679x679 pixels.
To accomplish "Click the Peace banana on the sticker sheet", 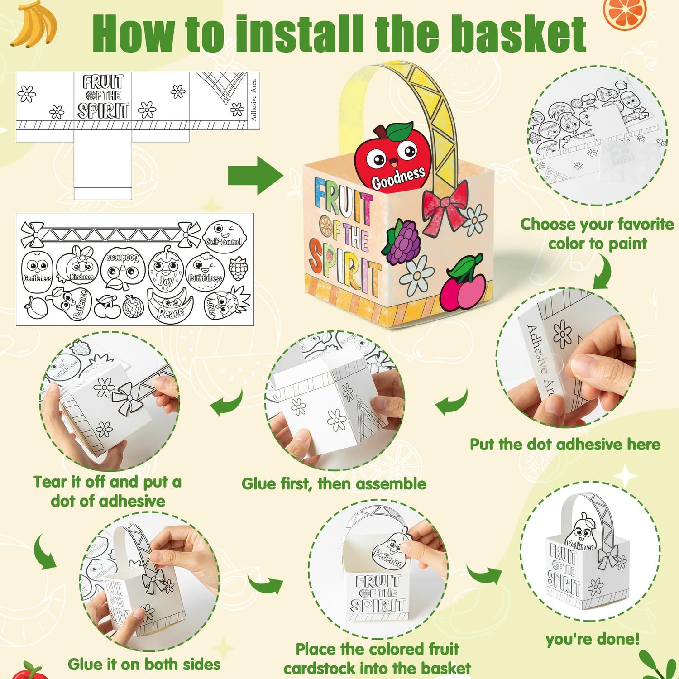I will point(171,306).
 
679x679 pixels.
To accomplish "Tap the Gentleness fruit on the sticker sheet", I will point(37,269).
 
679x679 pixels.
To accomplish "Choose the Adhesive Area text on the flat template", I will point(253,100).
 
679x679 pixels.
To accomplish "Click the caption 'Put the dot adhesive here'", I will point(564,445).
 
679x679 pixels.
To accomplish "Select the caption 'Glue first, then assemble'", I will point(334,484).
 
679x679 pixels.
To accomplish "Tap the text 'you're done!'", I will point(593,639).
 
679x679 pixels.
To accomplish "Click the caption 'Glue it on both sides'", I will point(144,664).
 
